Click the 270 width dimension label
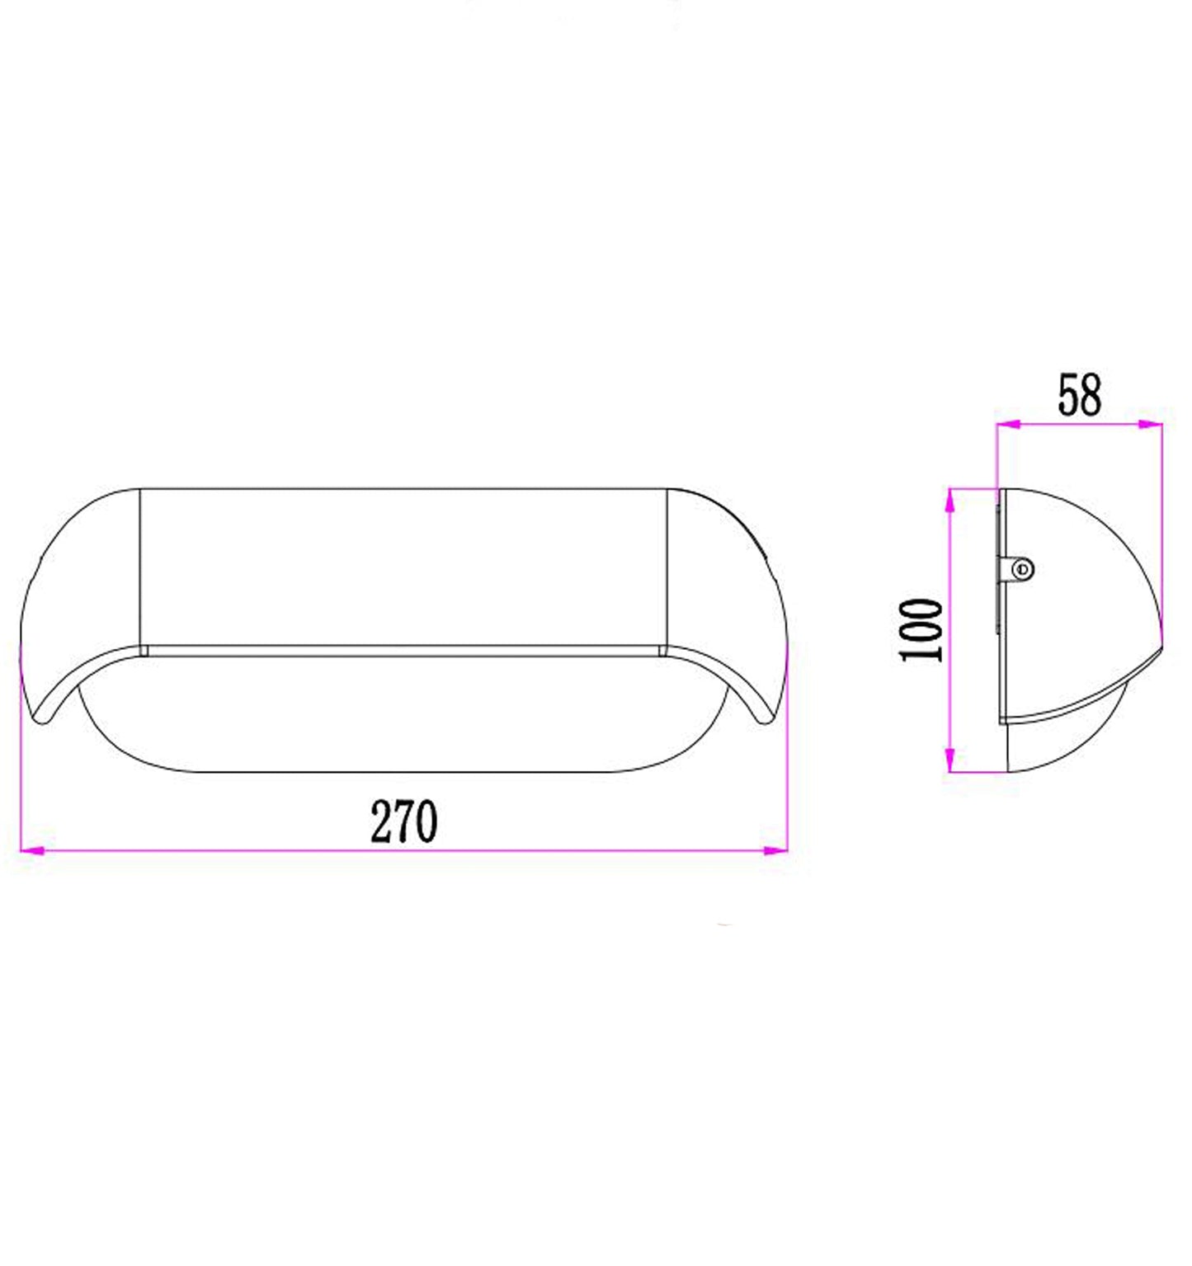click(x=403, y=821)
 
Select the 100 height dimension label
click(x=921, y=629)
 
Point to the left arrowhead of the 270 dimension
click(x=31, y=849)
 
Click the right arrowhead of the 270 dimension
click(x=776, y=849)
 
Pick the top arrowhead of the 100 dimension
click(x=949, y=501)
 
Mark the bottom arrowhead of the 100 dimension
click(x=949, y=760)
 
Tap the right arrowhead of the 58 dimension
click(x=1151, y=424)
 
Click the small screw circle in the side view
click(x=1023, y=569)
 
